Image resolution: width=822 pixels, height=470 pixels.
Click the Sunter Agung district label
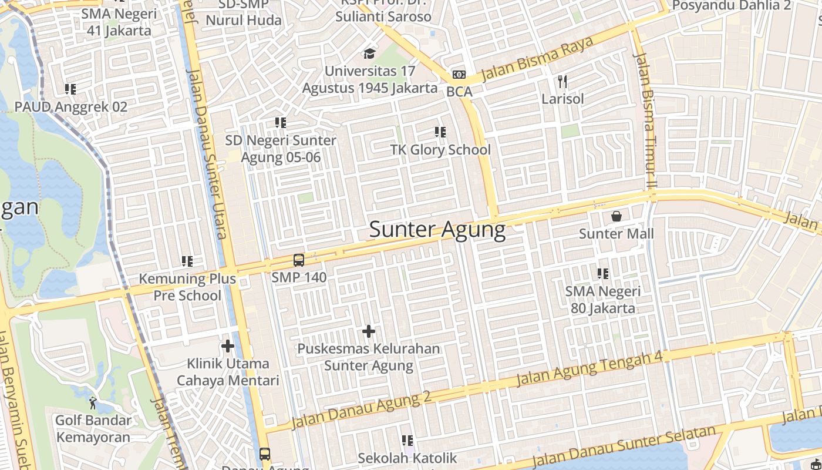click(x=437, y=230)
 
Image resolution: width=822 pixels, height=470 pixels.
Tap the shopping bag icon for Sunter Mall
click(x=616, y=216)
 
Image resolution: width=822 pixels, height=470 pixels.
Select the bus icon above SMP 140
click(x=298, y=260)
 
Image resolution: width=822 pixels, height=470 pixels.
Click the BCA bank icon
click(x=459, y=75)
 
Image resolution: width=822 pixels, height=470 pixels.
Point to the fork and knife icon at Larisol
click(x=562, y=81)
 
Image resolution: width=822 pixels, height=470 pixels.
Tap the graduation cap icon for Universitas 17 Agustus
click(x=369, y=54)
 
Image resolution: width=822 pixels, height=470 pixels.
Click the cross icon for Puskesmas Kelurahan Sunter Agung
click(x=368, y=332)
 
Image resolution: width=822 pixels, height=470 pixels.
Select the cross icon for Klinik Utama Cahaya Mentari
click(x=228, y=347)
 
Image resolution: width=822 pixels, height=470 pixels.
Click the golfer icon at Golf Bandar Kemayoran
click(x=93, y=403)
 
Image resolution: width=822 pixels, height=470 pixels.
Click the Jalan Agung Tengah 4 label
click(x=589, y=369)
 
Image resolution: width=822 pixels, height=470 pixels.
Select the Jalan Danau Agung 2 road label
click(x=361, y=410)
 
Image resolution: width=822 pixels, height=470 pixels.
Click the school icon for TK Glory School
click(x=440, y=132)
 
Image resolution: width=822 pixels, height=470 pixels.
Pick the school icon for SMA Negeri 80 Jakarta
click(x=602, y=274)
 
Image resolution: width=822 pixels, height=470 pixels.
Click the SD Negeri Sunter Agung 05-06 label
click(x=281, y=149)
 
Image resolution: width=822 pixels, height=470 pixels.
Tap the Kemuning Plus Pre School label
click(x=187, y=287)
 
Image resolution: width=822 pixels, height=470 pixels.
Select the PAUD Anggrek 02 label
click(x=70, y=107)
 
